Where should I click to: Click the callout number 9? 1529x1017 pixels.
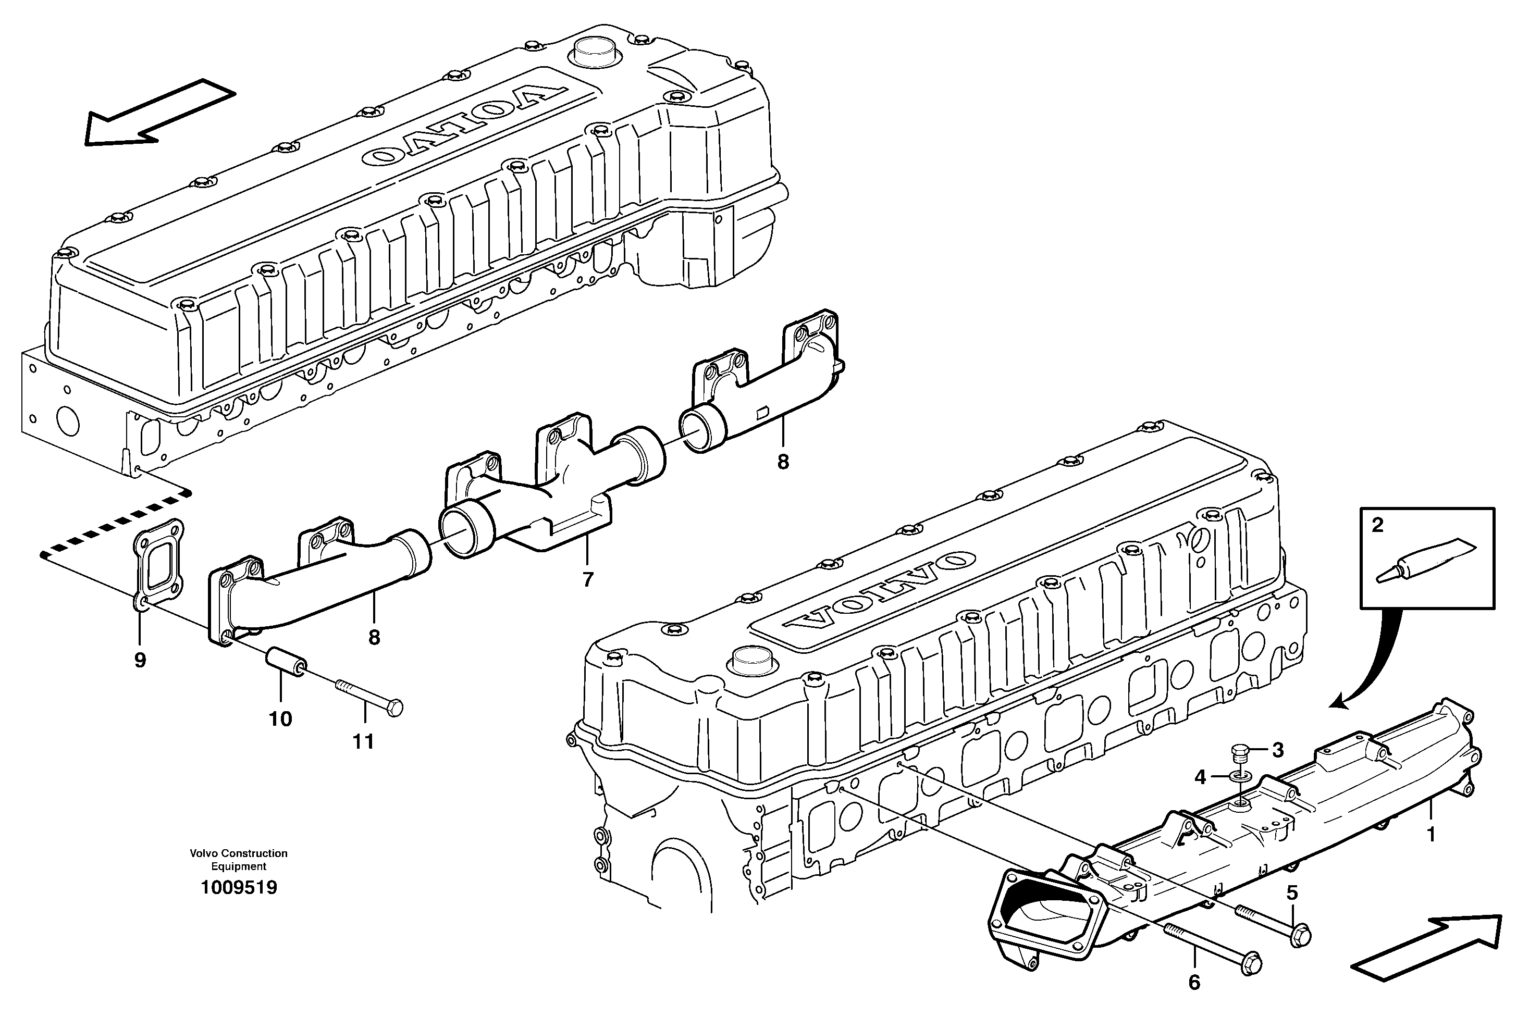click(140, 660)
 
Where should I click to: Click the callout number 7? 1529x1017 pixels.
click(588, 580)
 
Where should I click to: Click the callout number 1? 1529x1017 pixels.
click(1431, 834)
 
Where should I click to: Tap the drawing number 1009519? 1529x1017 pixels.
click(239, 888)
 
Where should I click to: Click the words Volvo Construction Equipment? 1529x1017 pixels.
click(239, 860)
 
